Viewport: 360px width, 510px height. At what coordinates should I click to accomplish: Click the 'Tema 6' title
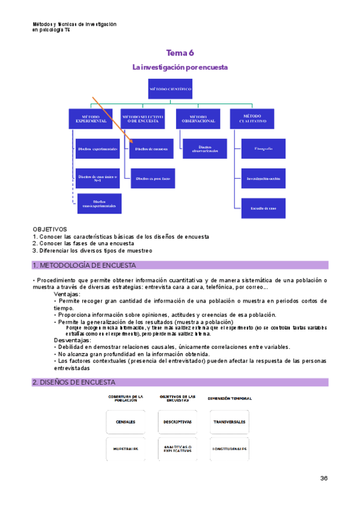[180, 53]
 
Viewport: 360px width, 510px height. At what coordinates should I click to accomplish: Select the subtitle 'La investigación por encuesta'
[180, 67]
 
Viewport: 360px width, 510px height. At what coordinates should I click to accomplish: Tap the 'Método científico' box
[171, 90]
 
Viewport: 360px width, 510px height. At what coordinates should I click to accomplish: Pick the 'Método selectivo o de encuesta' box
[142, 118]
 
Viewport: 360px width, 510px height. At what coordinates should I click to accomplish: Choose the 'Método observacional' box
[198, 118]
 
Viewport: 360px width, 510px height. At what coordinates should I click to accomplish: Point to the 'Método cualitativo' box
[251, 118]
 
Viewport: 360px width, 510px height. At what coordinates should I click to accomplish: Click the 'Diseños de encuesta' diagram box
[151, 148]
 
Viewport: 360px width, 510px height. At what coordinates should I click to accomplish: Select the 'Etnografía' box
[263, 148]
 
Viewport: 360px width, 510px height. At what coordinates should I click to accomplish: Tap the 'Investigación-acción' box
[263, 178]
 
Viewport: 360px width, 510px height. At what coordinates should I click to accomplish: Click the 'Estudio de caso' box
[263, 208]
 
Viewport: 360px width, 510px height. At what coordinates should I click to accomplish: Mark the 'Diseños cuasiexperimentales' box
[99, 203]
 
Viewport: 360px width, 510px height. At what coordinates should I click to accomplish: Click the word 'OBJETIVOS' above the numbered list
[50, 229]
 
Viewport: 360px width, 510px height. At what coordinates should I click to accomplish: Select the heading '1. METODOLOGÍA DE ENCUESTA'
[84, 265]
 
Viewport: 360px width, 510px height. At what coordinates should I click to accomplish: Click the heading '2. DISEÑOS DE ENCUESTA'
[74, 382]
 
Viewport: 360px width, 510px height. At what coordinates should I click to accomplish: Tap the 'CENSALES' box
[126, 422]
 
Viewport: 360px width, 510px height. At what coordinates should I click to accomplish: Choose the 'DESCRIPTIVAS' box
[177, 422]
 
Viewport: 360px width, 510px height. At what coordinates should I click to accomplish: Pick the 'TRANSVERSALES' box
[229, 422]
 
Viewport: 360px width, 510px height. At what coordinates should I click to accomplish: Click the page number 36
[323, 478]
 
